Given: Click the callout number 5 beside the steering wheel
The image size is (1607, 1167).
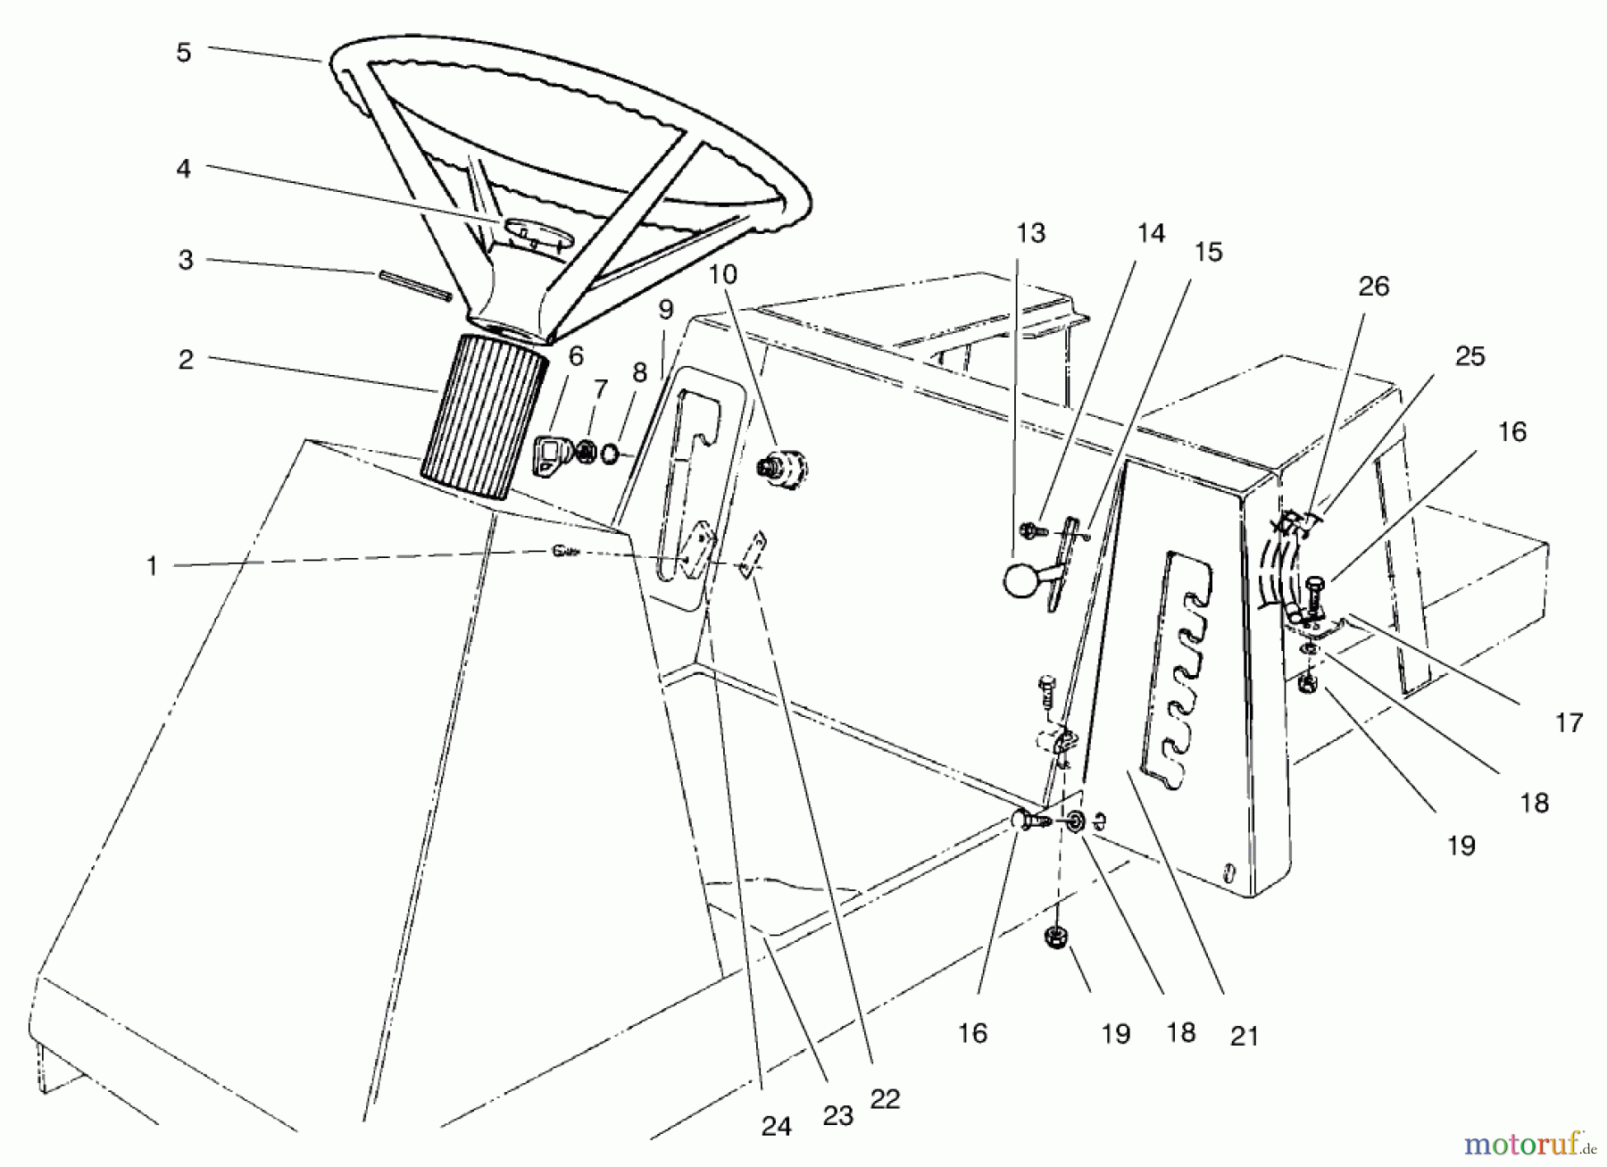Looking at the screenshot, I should coord(183,53).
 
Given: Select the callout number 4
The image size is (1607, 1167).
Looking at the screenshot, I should coord(184,167).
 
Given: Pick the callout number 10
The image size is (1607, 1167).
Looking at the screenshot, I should coord(724,274).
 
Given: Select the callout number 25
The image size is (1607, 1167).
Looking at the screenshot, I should coord(1470,356).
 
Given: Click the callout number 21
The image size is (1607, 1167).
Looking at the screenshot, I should coord(1244,1036).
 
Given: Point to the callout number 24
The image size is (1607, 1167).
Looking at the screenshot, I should coord(776,1127).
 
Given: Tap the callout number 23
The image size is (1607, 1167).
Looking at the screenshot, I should coord(838,1114).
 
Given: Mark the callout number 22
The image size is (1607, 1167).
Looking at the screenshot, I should coord(885,1099).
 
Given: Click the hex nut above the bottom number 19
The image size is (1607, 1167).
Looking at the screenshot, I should coord(1055,938).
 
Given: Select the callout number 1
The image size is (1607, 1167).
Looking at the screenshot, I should coord(152,566).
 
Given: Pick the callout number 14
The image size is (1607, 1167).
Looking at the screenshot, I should coord(1151,234).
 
